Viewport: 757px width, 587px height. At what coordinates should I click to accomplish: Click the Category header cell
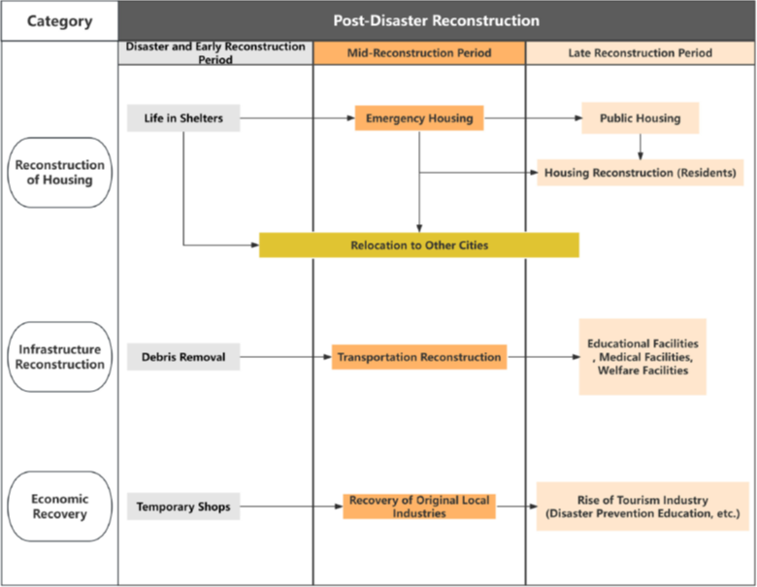click(x=59, y=20)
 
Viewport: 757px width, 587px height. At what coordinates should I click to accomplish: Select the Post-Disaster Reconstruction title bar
click(x=437, y=20)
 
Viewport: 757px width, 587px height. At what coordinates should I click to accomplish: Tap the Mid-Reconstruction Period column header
click(x=419, y=53)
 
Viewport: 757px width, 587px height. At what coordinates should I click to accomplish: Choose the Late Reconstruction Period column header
click(x=641, y=53)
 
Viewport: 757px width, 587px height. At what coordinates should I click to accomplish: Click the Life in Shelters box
click(x=183, y=118)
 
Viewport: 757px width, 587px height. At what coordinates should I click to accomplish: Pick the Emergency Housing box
click(x=419, y=118)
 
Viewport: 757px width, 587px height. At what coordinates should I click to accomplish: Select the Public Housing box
click(x=641, y=117)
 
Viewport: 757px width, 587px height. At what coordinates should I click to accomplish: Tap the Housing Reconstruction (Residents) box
click(x=641, y=173)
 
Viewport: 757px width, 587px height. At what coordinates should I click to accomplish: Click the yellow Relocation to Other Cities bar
click(x=419, y=245)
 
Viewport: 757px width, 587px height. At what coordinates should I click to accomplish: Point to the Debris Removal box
click(x=183, y=357)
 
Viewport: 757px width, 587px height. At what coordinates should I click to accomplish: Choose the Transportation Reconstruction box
click(x=419, y=357)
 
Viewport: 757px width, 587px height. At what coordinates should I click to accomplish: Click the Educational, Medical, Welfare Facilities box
click(x=642, y=357)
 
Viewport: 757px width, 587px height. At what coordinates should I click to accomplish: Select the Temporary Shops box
click(x=183, y=506)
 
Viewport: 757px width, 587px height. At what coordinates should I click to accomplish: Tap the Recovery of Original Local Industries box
click(x=419, y=506)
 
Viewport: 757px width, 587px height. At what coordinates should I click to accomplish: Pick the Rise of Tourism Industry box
click(x=642, y=506)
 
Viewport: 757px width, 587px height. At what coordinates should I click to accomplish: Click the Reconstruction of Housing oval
click(x=60, y=173)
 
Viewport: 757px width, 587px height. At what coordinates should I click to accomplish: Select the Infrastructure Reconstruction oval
click(x=60, y=357)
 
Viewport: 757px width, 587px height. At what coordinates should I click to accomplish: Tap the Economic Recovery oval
click(x=60, y=506)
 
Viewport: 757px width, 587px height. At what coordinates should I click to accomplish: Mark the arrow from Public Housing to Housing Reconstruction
click(x=641, y=147)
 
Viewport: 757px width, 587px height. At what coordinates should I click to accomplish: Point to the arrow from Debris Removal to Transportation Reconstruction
click(x=285, y=357)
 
